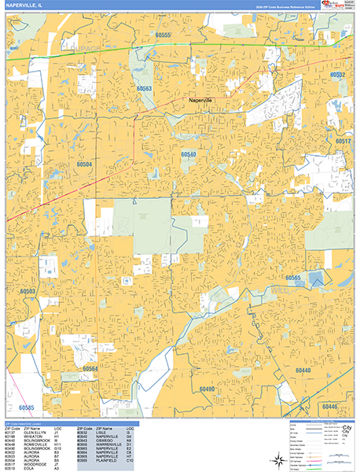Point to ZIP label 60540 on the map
(189, 155)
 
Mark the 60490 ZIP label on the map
(207, 389)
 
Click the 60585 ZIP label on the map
(24, 407)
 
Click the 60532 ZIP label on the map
(338, 74)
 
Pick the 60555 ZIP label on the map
(163, 35)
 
